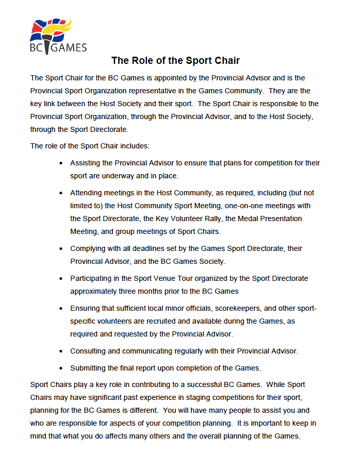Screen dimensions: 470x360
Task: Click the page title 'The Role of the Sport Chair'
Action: (x=175, y=61)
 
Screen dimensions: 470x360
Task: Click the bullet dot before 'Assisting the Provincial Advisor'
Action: (x=61, y=163)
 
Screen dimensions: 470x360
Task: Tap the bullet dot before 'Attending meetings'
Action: (x=61, y=193)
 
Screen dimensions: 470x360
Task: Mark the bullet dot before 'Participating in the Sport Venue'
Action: (x=61, y=279)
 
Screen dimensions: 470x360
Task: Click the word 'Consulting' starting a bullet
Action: (x=89, y=351)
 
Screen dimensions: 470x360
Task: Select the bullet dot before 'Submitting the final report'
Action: (x=61, y=368)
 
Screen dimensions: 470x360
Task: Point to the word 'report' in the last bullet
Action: (x=159, y=368)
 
